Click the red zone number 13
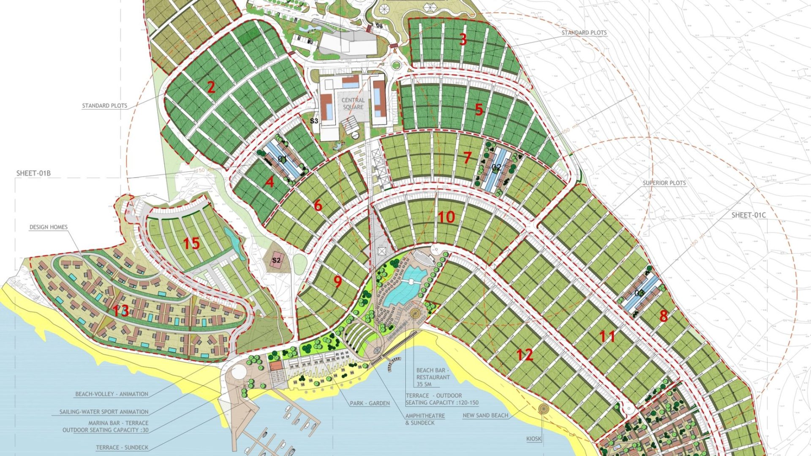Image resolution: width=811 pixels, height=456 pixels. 121,311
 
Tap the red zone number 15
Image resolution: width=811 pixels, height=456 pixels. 191,244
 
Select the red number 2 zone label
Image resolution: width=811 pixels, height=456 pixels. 211,87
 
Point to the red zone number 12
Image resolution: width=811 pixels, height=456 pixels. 524,355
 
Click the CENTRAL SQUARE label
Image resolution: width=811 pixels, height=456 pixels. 353,103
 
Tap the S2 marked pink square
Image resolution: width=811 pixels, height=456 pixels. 276,260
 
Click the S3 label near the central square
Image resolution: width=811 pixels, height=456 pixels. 314,121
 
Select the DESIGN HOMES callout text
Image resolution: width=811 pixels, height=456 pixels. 49,227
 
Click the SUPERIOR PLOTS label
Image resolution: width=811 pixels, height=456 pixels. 664,183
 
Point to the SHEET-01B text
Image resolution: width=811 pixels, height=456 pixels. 33,173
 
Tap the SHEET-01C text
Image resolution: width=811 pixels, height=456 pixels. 748,215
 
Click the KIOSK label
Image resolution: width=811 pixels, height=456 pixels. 533,439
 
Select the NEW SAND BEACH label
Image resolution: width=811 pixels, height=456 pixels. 485,415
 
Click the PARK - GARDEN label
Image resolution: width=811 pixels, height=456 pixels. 370,403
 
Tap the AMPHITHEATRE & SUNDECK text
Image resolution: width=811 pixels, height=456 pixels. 425,419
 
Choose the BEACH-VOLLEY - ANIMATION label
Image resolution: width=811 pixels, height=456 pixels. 112,394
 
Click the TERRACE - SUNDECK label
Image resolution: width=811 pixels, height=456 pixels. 122,447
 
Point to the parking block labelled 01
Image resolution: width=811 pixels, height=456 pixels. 282,160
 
